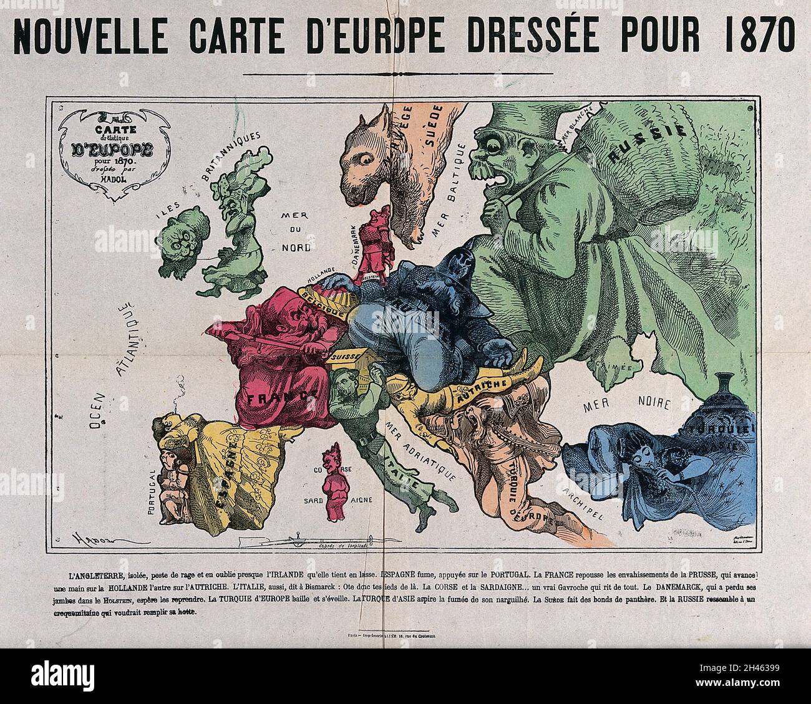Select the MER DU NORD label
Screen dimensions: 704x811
tap(297, 228)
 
